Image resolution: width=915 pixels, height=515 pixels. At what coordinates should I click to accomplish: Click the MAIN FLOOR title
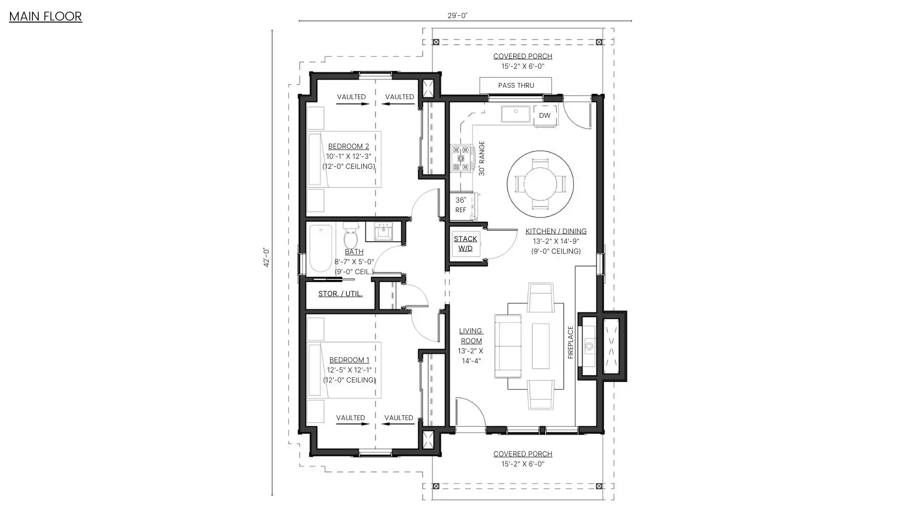45,16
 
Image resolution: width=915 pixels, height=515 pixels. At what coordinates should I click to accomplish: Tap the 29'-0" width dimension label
457,15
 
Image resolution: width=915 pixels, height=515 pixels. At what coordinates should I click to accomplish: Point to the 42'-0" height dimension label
266,257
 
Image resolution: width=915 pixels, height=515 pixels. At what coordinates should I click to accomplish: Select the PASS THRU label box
516,85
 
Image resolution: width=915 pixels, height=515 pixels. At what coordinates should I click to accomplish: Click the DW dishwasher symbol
545,115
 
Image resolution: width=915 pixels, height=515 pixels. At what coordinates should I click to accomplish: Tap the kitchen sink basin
516,114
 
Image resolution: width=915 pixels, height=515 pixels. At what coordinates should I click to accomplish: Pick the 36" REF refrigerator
461,206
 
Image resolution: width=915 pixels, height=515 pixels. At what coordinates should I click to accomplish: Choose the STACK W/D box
466,244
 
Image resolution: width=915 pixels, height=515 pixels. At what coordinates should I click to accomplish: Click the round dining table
540,184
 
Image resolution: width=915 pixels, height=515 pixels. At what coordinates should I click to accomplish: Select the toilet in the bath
350,235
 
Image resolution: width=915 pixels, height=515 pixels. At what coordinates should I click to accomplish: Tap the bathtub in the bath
320,248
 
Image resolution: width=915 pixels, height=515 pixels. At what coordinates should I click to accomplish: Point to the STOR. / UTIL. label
340,294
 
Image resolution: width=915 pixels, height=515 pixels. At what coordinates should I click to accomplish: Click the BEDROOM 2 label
348,146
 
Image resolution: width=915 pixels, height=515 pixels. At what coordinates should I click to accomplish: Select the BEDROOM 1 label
349,360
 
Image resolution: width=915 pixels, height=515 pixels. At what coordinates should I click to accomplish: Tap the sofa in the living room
508,346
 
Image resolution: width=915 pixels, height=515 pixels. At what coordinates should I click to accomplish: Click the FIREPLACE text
570,342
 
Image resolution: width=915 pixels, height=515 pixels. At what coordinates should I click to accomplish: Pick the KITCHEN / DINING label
556,231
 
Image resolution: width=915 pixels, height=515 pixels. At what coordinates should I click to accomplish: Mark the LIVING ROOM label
471,336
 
